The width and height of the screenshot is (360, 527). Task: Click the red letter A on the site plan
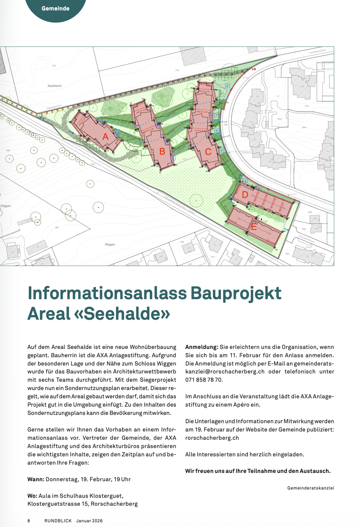pos(105,137)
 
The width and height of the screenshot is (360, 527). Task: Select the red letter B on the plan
pos(162,151)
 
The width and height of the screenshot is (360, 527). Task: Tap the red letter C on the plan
pos(208,152)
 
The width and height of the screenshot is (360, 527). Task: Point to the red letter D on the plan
pos(245,195)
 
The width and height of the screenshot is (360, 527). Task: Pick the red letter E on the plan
pos(254,227)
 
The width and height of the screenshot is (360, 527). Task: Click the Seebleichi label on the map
pos(54,86)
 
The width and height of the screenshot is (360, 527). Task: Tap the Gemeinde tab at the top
pos(55,8)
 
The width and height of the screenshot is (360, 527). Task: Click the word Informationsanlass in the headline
pos(107,293)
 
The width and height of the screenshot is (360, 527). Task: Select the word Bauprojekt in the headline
pos(236,293)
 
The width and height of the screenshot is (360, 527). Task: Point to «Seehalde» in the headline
pos(122,313)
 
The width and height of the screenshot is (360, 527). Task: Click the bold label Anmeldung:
pos(202,347)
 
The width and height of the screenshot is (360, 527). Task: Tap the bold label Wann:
pos(36,479)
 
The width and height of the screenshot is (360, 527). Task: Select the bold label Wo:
pos(32,496)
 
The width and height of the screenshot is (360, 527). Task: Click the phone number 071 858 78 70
pos(204,380)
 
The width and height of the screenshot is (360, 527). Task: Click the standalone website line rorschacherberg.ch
pos(212,438)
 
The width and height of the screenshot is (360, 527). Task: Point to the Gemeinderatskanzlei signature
pos(311,488)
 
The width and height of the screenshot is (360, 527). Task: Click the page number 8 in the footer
pos(29,521)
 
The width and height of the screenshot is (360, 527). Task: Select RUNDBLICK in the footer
pos(58,521)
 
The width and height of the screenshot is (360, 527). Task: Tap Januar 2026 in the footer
pos(89,521)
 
